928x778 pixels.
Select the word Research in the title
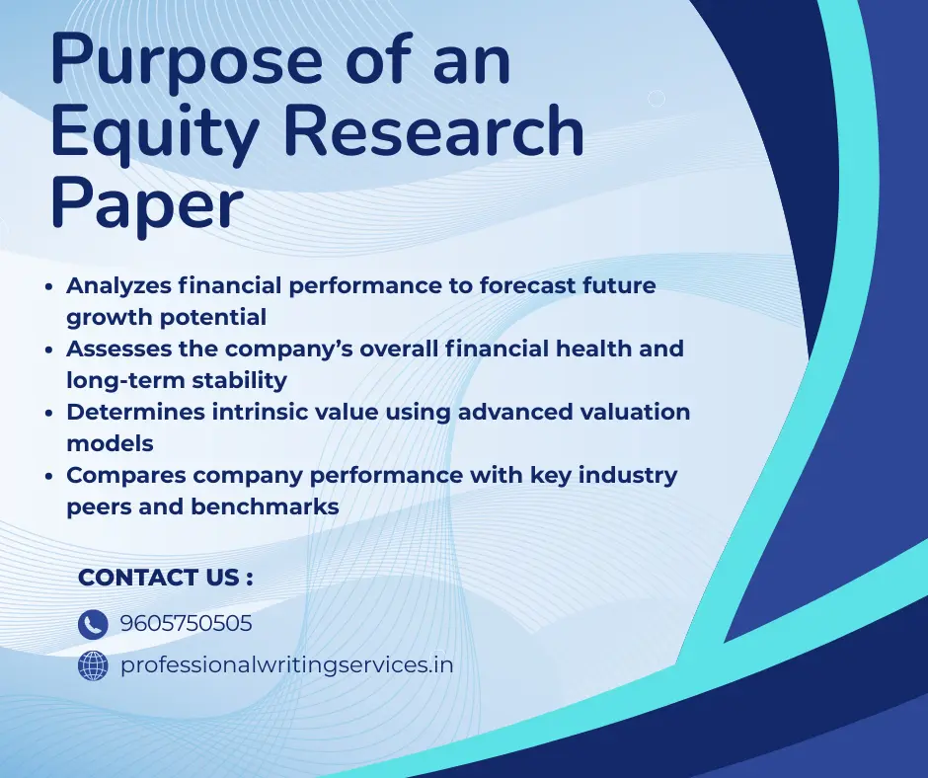click(430, 131)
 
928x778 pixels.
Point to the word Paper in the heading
click(146, 204)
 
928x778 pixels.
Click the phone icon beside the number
click(93, 624)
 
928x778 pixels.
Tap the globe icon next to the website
click(93, 666)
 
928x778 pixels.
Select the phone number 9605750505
click(186, 624)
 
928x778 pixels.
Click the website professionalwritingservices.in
click(286, 665)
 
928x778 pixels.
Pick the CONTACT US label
click(165, 578)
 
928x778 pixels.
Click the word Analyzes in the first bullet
click(118, 285)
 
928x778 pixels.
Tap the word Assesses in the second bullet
click(117, 349)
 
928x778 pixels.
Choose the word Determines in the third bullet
click(134, 412)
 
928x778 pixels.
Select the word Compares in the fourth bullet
click(125, 475)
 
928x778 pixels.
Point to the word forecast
click(527, 285)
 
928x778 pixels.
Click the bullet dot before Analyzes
click(50, 286)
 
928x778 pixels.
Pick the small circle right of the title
click(657, 98)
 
